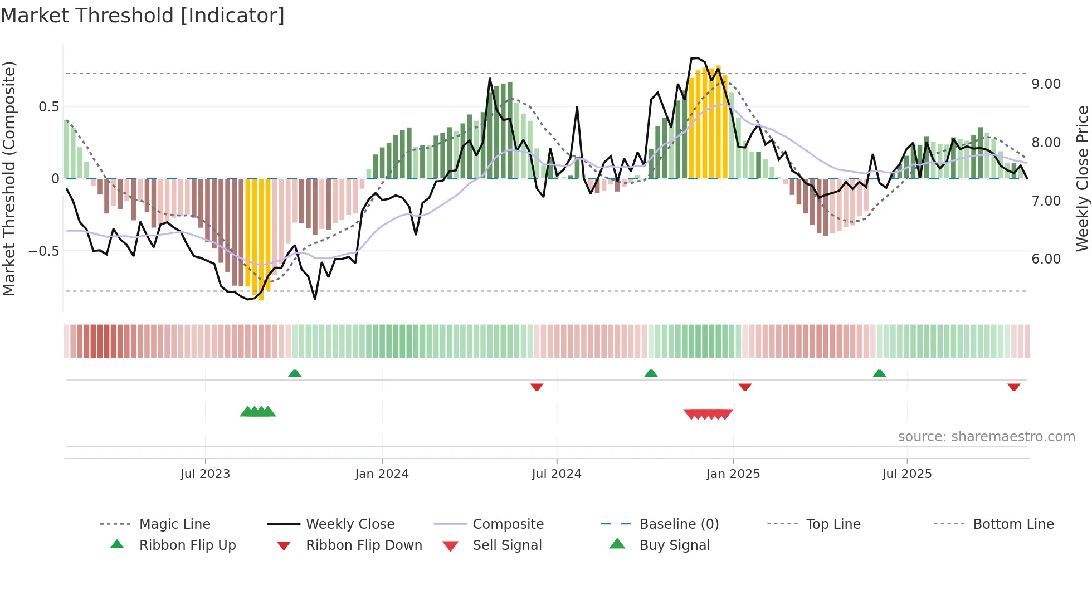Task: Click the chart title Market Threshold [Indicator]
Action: tap(143, 16)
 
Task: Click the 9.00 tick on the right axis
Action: tap(1046, 84)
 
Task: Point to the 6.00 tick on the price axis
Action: tap(1046, 259)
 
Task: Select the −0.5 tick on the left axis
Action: tap(44, 251)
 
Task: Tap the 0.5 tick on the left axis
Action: tap(48, 107)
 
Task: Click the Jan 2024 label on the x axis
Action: tap(382, 474)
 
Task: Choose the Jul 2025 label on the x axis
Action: tap(906, 474)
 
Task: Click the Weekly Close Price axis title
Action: tap(1082, 178)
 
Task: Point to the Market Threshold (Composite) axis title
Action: tap(9, 178)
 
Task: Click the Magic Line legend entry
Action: tap(174, 524)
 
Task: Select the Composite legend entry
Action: tap(508, 524)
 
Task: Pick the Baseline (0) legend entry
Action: tap(679, 524)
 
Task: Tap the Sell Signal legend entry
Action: tap(506, 545)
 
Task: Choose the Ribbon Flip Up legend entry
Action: tap(187, 545)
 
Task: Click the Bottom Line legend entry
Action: tap(1013, 524)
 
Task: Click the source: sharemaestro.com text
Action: tap(986, 437)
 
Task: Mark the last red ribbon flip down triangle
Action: tap(1013, 387)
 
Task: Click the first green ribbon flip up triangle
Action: tap(295, 373)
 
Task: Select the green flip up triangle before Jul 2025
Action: tap(879, 373)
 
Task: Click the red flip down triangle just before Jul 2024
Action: tap(537, 387)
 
